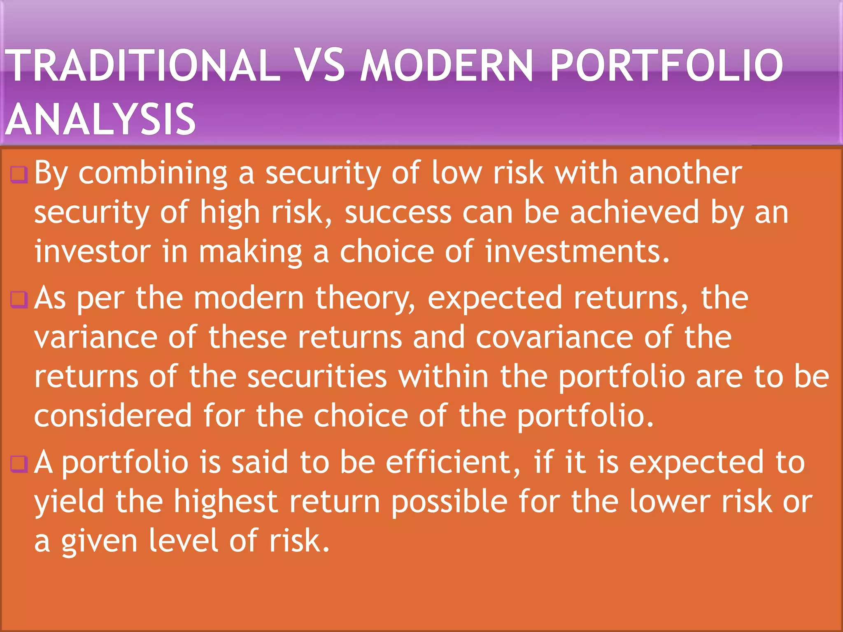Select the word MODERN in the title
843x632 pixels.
point(447,66)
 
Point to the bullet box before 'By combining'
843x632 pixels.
point(19,174)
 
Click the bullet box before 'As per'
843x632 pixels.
point(19,300)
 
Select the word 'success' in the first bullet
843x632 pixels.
point(398,213)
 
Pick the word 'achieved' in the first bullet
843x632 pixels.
point(634,213)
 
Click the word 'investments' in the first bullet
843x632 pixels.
point(576,252)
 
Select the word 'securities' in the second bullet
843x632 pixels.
point(317,377)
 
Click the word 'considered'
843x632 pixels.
point(113,416)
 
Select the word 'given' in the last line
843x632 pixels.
point(99,541)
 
